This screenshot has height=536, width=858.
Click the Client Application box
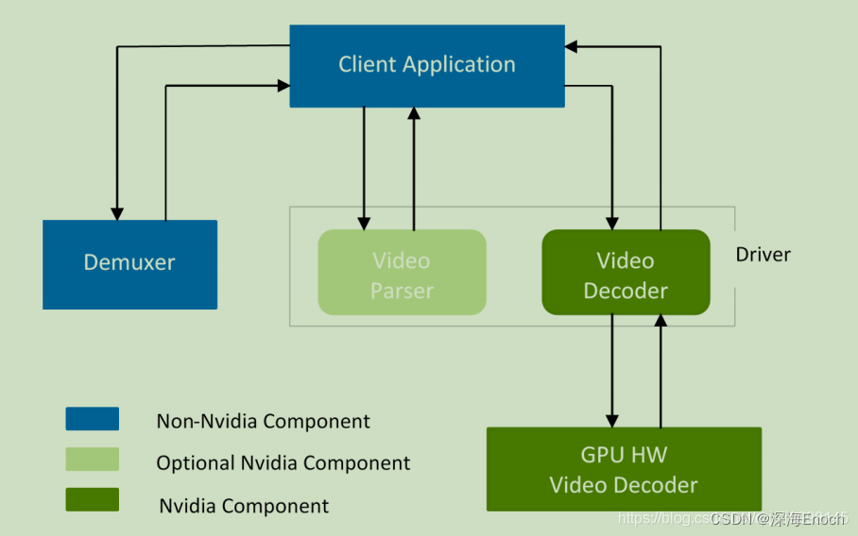[x=426, y=65]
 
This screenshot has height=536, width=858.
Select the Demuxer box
[x=129, y=263]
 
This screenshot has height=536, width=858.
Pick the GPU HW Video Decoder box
[x=624, y=469]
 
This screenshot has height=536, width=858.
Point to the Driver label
[x=763, y=255]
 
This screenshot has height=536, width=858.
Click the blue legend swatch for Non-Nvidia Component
[x=92, y=419]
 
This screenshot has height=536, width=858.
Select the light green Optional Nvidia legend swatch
[x=92, y=460]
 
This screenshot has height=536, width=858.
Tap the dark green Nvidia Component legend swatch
[x=92, y=500]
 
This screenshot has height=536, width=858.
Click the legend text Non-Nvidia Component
[x=263, y=422]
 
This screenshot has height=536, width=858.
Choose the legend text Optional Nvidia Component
[x=283, y=463]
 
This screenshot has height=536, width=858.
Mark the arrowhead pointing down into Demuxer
[x=117, y=212]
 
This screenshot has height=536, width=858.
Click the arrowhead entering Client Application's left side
[x=283, y=86]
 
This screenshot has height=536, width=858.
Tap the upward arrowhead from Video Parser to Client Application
[x=413, y=113]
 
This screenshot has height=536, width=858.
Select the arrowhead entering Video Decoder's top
[x=612, y=223]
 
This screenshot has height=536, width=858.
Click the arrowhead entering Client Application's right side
[x=572, y=45]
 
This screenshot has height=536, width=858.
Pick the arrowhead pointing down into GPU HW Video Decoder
[x=612, y=420]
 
